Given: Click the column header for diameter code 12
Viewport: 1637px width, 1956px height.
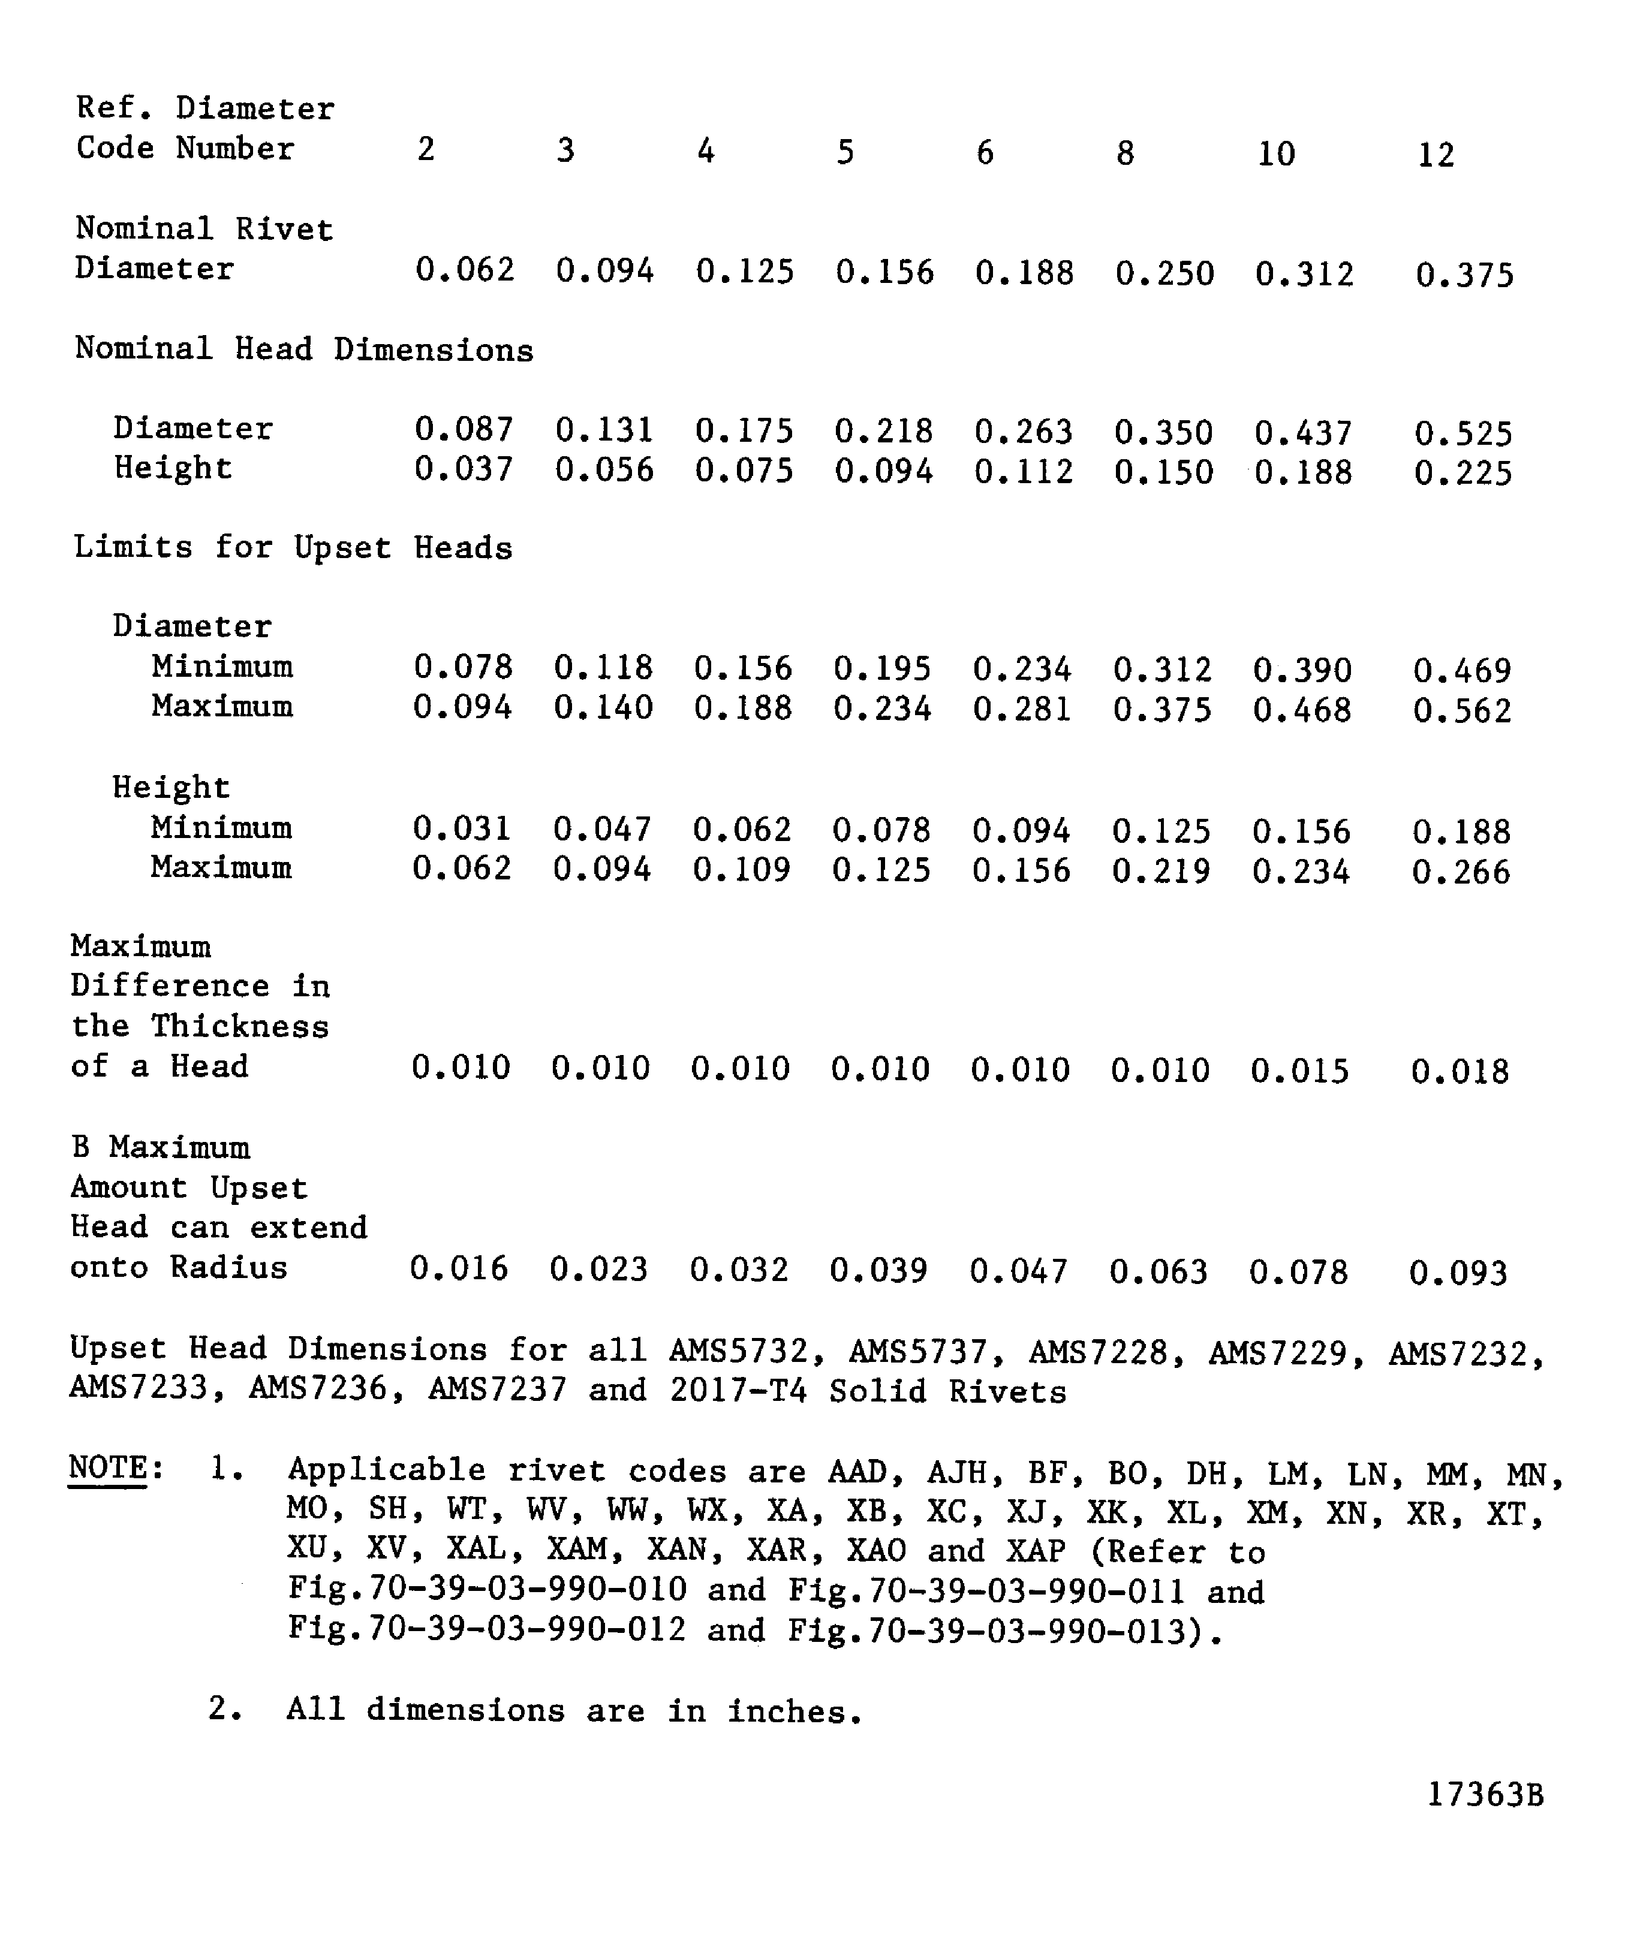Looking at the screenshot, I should coord(1436,155).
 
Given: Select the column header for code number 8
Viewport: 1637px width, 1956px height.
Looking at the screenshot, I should coord(1126,153).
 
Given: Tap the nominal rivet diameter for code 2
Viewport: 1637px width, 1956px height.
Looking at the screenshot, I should coord(465,270).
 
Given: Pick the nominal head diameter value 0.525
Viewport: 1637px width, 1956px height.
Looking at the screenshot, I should coord(1463,434).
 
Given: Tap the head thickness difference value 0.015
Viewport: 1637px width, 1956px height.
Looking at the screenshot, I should coord(1300,1071).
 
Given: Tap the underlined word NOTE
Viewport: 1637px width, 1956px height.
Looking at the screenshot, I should coord(108,1468).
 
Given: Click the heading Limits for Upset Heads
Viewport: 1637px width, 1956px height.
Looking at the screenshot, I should coord(293,548).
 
